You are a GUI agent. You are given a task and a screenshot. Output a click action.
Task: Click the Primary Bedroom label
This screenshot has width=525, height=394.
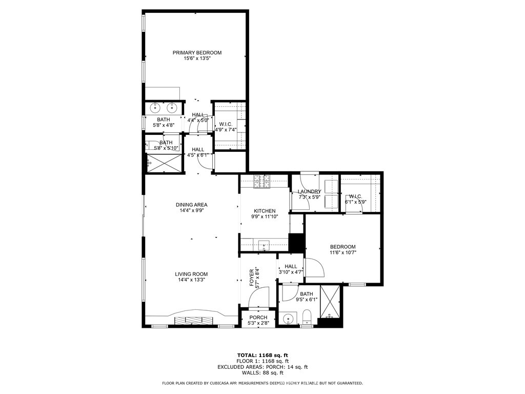tap(197, 53)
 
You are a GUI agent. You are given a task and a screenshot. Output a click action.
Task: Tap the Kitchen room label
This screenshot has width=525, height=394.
tap(265, 211)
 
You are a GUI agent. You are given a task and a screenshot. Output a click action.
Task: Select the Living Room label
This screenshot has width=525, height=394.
tap(191, 274)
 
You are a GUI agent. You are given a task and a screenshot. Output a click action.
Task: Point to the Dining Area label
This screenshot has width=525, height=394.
tap(192, 205)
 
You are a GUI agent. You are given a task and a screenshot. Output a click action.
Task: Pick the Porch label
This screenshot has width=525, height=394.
tap(258, 317)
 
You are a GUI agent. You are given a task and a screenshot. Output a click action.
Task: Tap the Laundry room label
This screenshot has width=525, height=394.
tap(309, 192)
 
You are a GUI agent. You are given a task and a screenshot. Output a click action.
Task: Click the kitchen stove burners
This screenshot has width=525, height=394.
tap(261, 182)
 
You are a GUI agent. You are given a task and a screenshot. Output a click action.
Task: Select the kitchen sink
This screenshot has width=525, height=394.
tap(264, 246)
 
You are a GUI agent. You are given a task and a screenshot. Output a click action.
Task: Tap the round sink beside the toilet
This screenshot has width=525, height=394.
tap(288, 318)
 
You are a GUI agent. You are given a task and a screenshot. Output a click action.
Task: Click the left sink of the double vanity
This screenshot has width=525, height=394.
tap(155, 108)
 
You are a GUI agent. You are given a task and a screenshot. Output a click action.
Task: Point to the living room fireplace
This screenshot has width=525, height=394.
tap(193, 320)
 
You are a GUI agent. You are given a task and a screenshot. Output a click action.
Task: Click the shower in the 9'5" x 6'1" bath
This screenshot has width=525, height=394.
tap(330, 302)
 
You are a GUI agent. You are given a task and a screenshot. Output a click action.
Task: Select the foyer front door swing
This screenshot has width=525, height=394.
tap(259, 297)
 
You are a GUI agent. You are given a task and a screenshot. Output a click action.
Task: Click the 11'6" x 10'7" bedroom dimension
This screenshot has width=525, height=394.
tap(343, 252)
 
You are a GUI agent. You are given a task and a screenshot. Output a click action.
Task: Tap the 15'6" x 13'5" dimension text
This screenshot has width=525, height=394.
tap(197, 58)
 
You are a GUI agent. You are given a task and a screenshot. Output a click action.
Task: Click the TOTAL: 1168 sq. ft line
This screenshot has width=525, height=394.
tap(262, 355)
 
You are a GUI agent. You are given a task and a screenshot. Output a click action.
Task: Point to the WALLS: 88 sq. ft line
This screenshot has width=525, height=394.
tap(262, 372)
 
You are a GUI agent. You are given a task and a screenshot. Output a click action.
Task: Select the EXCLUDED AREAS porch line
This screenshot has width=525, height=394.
tap(262, 367)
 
